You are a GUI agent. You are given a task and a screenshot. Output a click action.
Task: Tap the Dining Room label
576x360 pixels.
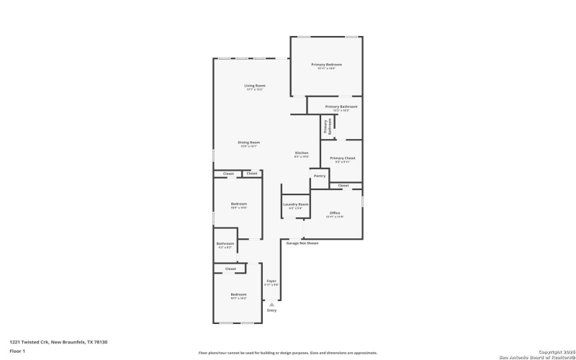click(249, 143)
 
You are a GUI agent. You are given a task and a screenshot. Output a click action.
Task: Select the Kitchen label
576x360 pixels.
click(302, 153)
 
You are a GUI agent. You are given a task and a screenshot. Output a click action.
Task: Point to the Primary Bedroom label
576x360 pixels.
click(326, 65)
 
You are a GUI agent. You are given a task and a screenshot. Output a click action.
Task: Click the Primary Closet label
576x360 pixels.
click(342, 158)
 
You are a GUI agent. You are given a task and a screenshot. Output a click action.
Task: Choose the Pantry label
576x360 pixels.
click(319, 176)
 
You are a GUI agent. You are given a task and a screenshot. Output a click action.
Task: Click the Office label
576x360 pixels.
click(335, 213)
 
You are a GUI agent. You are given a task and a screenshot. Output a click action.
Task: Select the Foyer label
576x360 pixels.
click(271, 281)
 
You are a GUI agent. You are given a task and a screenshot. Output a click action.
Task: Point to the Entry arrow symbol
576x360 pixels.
click(271, 305)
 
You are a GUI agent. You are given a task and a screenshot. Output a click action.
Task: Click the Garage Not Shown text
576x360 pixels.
click(302, 243)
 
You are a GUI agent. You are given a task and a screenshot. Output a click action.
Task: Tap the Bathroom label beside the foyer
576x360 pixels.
click(225, 243)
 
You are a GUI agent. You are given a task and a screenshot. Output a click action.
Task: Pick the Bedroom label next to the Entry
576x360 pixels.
click(238, 294)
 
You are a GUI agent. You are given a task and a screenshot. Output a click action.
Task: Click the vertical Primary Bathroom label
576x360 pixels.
click(328, 127)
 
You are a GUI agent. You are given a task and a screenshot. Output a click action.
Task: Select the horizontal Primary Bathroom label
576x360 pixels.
click(341, 107)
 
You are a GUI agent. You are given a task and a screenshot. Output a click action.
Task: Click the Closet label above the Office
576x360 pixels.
click(343, 186)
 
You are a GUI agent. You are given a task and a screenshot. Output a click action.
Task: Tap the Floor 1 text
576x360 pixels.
click(17, 351)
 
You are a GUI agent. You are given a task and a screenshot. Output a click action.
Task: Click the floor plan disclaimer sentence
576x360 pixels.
click(287, 353)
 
